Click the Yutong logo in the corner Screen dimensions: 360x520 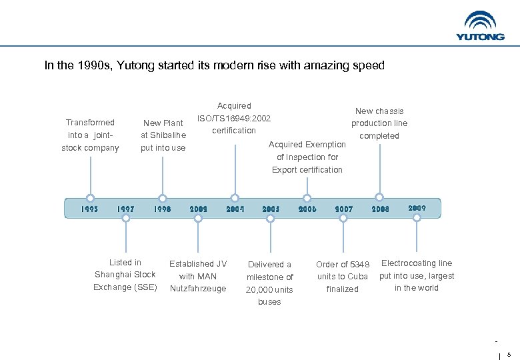(x=480, y=26)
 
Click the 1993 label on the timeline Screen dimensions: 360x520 (x=90, y=209)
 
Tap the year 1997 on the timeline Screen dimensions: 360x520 (x=125, y=209)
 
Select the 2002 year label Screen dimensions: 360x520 (x=198, y=209)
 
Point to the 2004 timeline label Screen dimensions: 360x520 (x=235, y=209)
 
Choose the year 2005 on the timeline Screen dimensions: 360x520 (x=271, y=209)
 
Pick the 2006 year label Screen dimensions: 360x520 (x=307, y=209)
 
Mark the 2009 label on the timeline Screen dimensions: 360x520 (x=417, y=208)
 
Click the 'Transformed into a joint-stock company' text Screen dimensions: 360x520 (x=90, y=135)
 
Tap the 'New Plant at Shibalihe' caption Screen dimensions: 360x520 (x=163, y=135)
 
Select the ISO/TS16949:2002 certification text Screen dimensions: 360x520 (x=234, y=118)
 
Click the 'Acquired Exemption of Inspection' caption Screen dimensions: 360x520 (x=307, y=157)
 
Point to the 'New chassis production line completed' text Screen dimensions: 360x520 (x=379, y=123)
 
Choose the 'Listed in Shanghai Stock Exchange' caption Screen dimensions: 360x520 (x=125, y=275)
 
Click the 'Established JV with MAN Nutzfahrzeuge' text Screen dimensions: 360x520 (x=198, y=276)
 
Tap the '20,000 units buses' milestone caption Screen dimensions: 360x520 (x=269, y=283)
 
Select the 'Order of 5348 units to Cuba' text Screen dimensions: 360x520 (x=343, y=277)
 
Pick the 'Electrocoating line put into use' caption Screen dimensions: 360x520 (x=417, y=275)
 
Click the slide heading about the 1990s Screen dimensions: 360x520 (x=215, y=65)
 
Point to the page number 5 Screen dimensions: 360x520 (x=509, y=355)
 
